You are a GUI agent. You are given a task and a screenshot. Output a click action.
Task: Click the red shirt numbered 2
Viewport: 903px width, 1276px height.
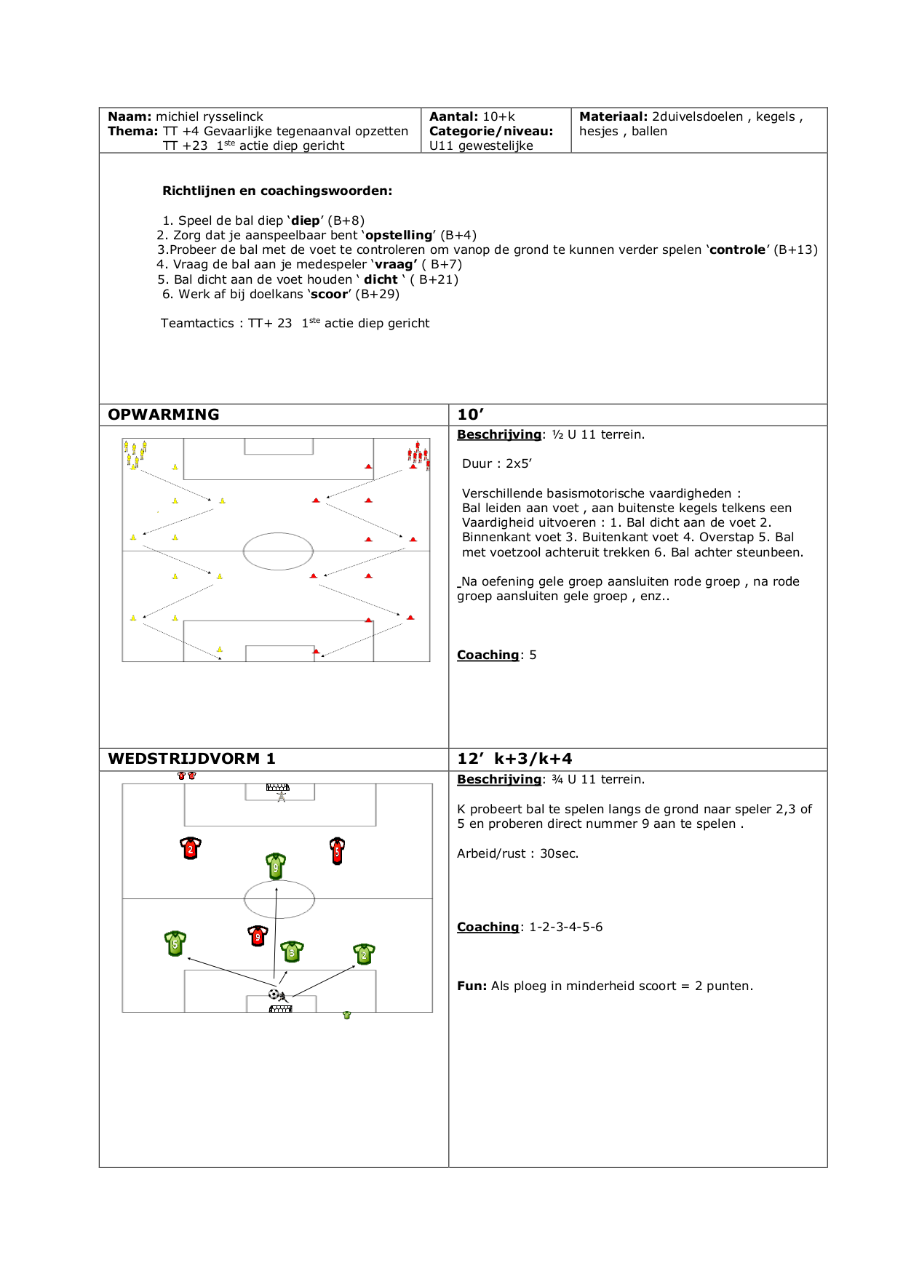pyautogui.click(x=191, y=848)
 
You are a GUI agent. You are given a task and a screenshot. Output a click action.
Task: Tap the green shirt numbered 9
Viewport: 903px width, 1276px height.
pyautogui.click(x=276, y=866)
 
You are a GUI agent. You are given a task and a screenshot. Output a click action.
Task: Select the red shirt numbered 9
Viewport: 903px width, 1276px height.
pyautogui.click(x=258, y=936)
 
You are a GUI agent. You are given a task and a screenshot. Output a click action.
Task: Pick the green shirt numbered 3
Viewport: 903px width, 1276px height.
pyautogui.click(x=292, y=951)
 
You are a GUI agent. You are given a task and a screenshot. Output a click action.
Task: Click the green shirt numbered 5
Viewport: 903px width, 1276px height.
pyautogui.click(x=175, y=943)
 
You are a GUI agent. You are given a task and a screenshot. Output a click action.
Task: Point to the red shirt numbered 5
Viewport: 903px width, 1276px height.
pyautogui.click(x=337, y=850)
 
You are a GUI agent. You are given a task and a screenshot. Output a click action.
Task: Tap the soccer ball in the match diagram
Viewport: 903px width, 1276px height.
pyautogui.click(x=274, y=994)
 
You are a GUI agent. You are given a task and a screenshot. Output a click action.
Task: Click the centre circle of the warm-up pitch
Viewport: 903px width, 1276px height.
pyautogui.click(x=278, y=551)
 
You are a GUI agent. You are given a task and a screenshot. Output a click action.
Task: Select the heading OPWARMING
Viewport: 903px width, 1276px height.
pyautogui.click(x=164, y=415)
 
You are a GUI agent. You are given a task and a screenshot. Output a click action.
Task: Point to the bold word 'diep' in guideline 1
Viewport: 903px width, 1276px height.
pyautogui.click(x=306, y=220)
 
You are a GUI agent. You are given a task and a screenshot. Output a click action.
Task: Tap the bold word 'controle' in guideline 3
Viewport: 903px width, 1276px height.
pyautogui.click(x=738, y=250)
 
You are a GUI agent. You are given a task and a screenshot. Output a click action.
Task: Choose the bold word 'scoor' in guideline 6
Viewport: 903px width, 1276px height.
pyautogui.click(x=329, y=294)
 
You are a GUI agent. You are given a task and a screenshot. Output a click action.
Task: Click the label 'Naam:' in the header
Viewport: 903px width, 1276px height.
pyautogui.click(x=130, y=116)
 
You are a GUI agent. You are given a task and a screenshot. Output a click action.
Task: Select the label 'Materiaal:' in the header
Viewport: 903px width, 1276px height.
pyautogui.click(x=613, y=116)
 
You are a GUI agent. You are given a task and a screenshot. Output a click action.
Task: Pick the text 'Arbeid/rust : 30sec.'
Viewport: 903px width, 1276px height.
pyautogui.click(x=517, y=853)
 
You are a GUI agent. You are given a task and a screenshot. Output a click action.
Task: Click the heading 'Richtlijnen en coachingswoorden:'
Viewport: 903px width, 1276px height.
pyautogui.click(x=277, y=191)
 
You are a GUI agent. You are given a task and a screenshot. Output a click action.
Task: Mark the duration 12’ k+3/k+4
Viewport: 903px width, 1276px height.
pyautogui.click(x=514, y=759)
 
